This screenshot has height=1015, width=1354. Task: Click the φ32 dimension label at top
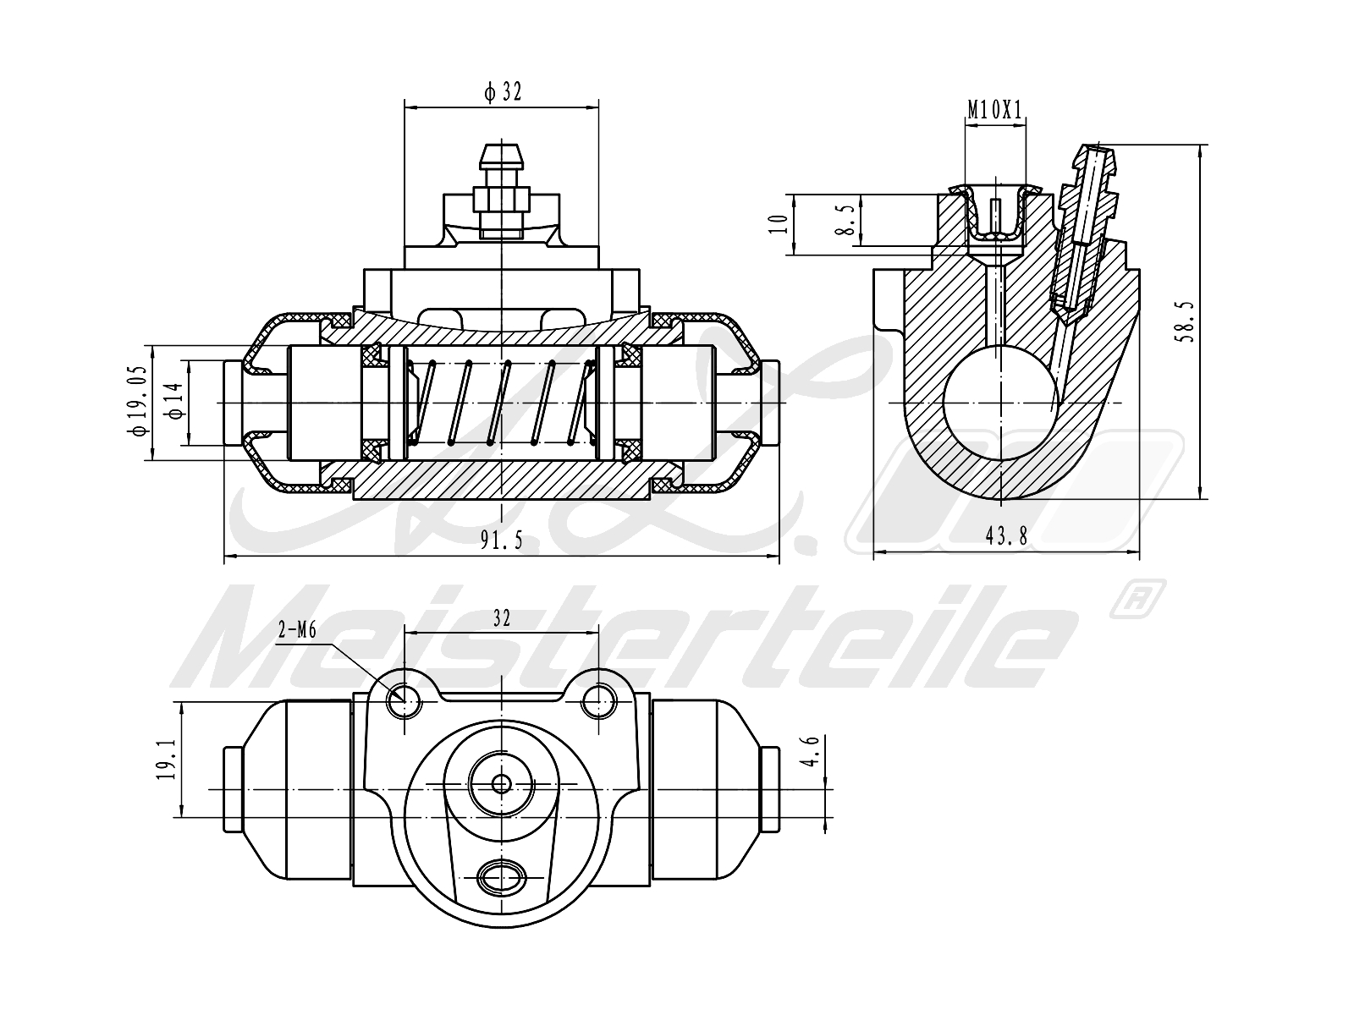(503, 91)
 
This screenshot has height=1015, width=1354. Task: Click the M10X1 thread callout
(996, 109)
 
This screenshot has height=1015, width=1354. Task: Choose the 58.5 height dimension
(1186, 321)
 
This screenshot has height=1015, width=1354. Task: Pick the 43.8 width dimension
(1006, 535)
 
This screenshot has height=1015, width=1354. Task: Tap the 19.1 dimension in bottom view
(167, 759)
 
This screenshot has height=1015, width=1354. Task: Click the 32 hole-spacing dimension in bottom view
(502, 618)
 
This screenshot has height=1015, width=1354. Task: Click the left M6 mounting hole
(404, 699)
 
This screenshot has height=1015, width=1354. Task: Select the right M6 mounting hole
(599, 699)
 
